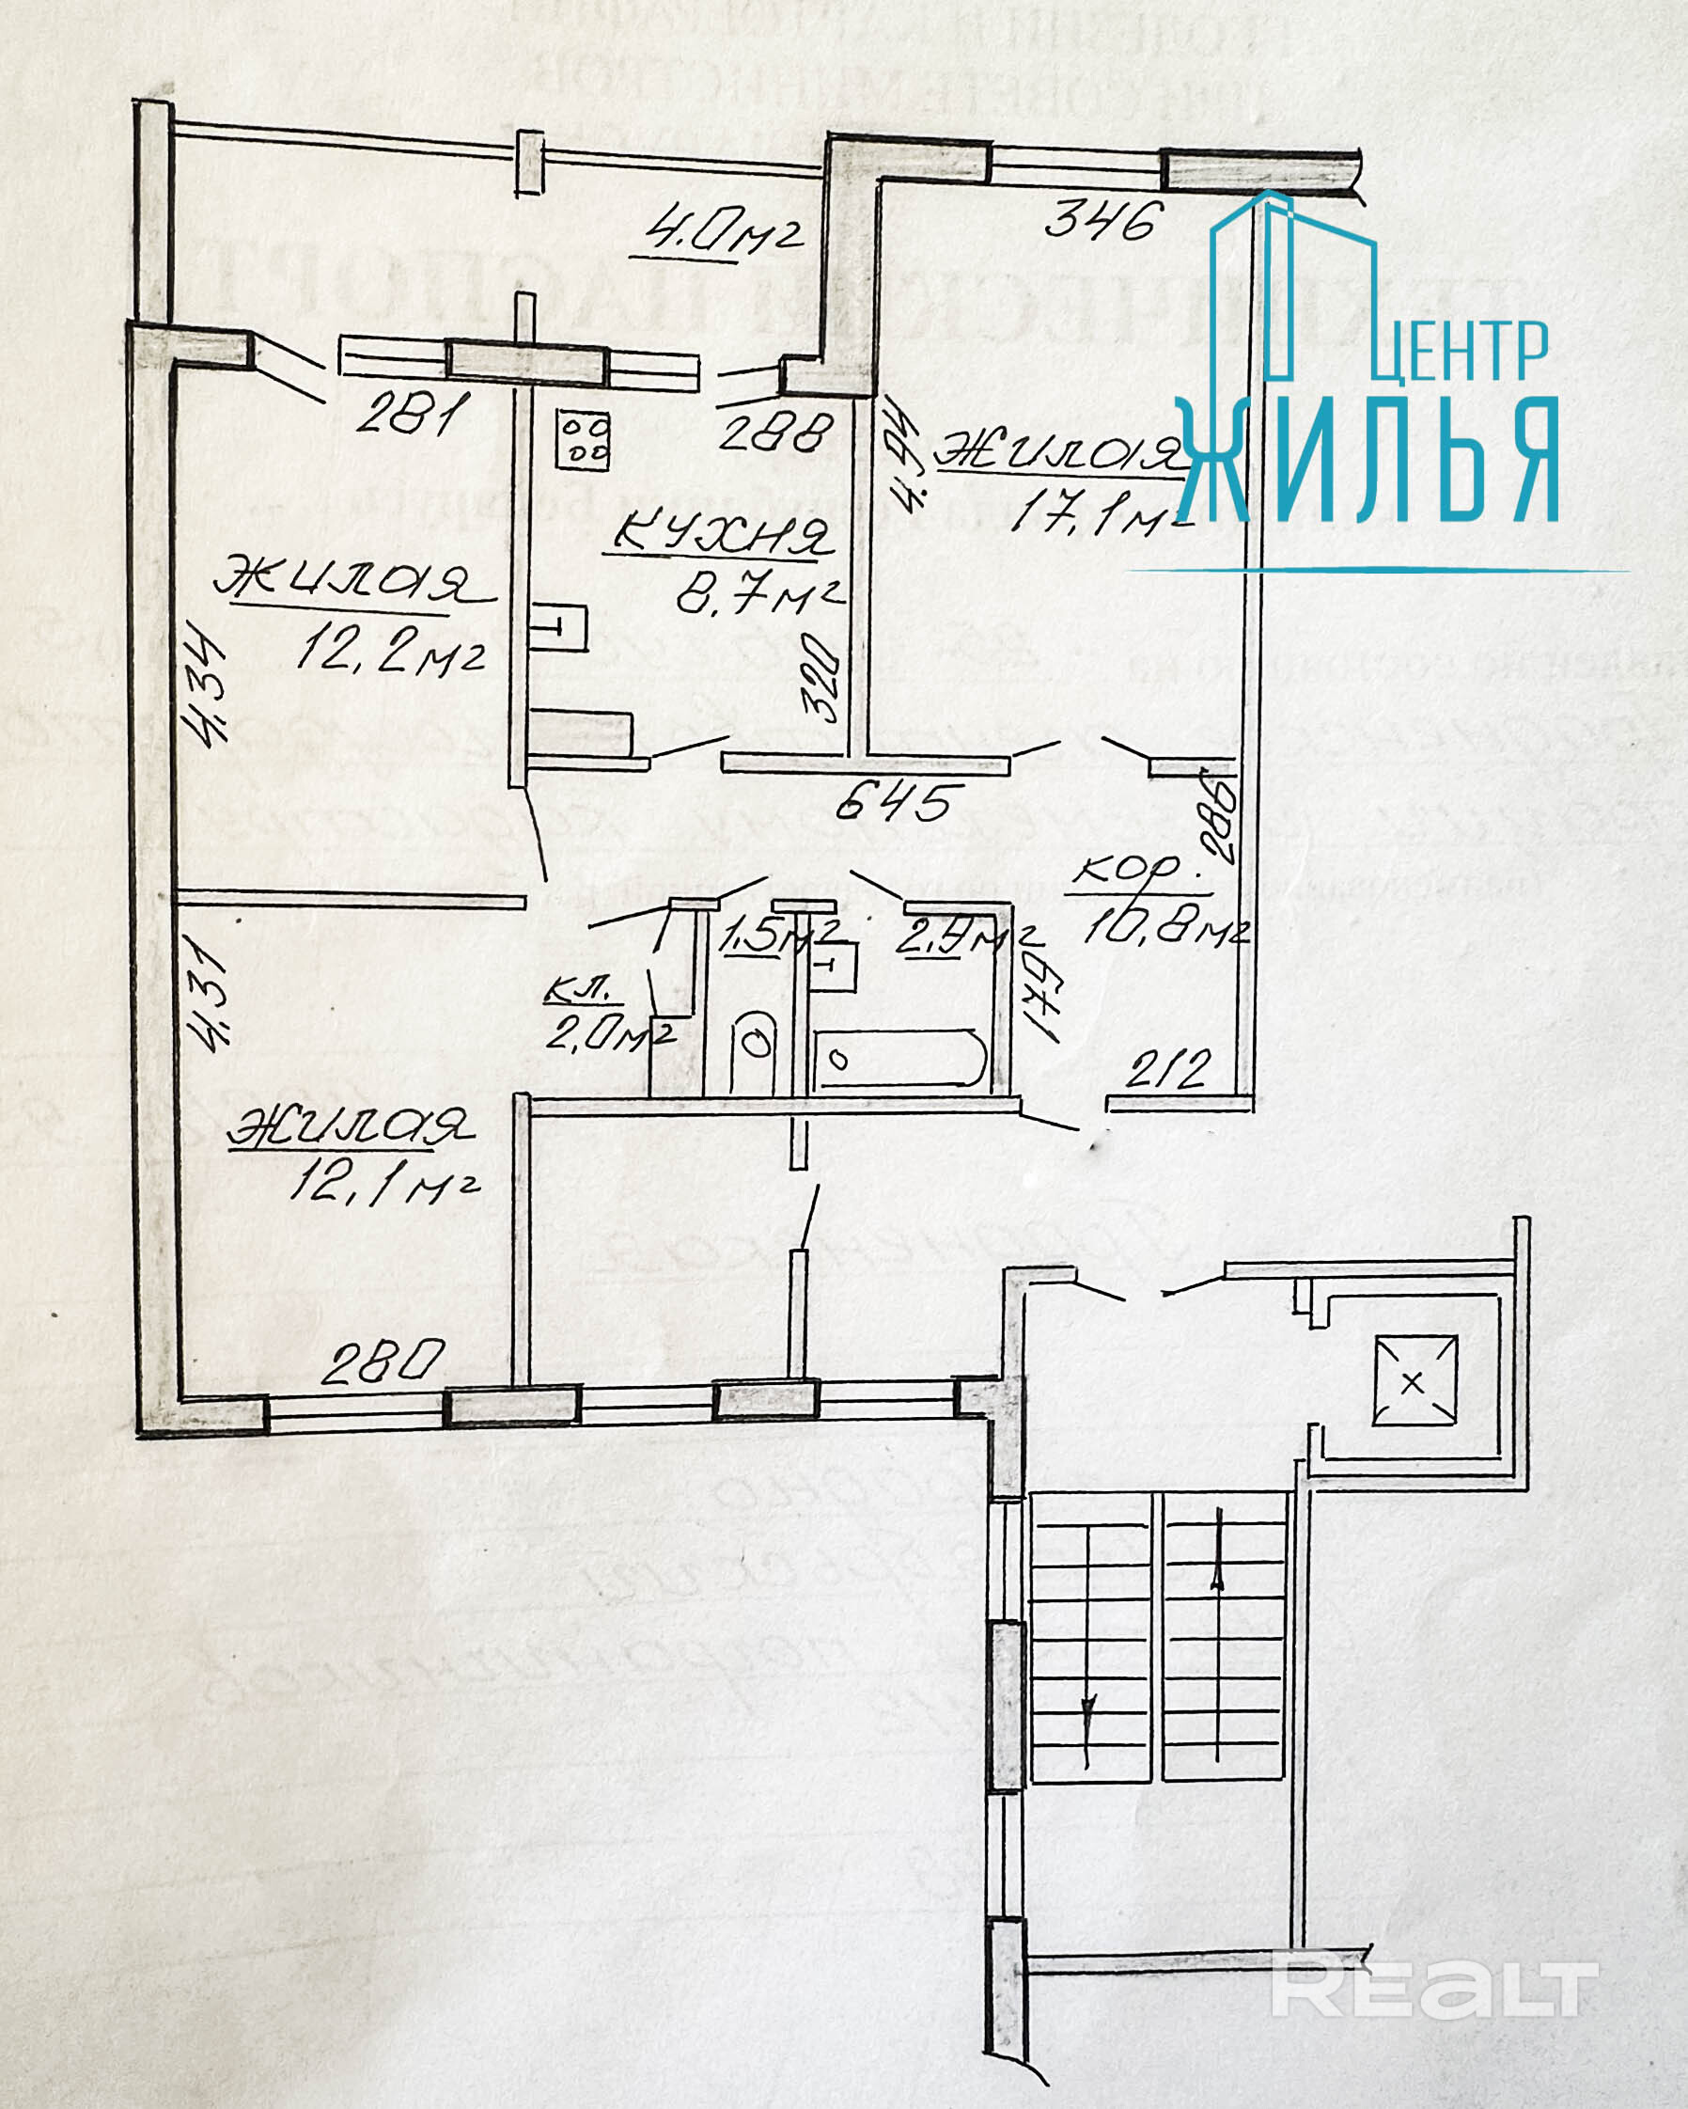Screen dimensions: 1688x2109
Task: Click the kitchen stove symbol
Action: tap(583, 439)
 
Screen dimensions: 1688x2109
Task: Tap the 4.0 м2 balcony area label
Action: tap(725, 234)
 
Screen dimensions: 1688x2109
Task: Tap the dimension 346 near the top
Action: tap(1102, 220)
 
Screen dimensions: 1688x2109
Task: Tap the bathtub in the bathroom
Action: tap(899, 1059)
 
